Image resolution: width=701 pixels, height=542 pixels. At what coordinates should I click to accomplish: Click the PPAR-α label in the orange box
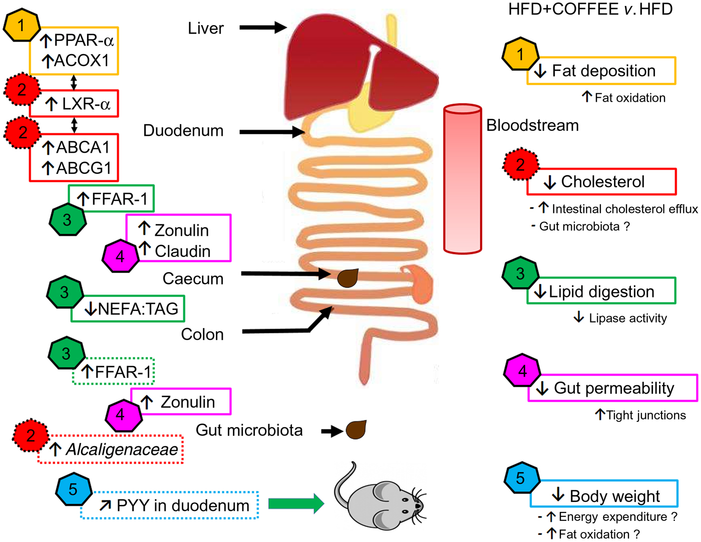coord(78,40)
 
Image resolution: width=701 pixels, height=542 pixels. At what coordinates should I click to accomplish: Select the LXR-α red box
coord(75,104)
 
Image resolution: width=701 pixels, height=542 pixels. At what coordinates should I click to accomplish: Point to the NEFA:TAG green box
coord(128,309)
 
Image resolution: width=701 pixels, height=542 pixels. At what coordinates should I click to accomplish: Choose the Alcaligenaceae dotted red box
coord(111,449)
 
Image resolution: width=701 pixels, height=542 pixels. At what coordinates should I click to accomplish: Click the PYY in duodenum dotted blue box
coord(170,505)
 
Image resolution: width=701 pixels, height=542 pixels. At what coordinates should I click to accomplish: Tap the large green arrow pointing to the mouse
coord(296,503)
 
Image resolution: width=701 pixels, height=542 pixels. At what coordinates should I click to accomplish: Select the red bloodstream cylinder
coord(463,179)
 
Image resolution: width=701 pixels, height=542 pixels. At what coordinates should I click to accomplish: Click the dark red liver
coord(350,65)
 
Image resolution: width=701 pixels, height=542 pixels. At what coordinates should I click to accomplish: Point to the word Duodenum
coord(183,131)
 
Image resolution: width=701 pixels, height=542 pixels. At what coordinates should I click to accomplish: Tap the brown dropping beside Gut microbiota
coord(356,430)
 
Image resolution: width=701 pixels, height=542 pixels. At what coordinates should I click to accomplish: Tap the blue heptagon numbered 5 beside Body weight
coord(521,478)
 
